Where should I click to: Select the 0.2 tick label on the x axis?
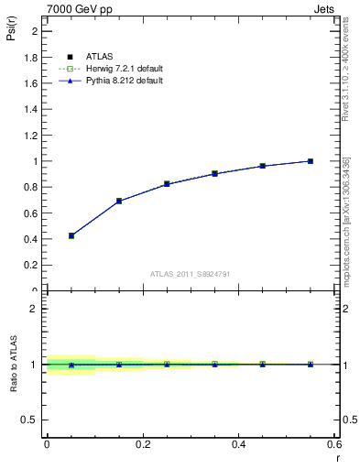pos(142,445)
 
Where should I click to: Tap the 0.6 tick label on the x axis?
pos(333,445)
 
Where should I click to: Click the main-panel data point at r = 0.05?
pos(71,235)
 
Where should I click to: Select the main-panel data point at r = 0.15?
pos(119,201)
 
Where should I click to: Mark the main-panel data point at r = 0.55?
pos(311,161)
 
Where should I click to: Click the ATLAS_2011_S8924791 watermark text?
pos(191,273)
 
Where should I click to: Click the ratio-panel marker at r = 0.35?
pos(214,364)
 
